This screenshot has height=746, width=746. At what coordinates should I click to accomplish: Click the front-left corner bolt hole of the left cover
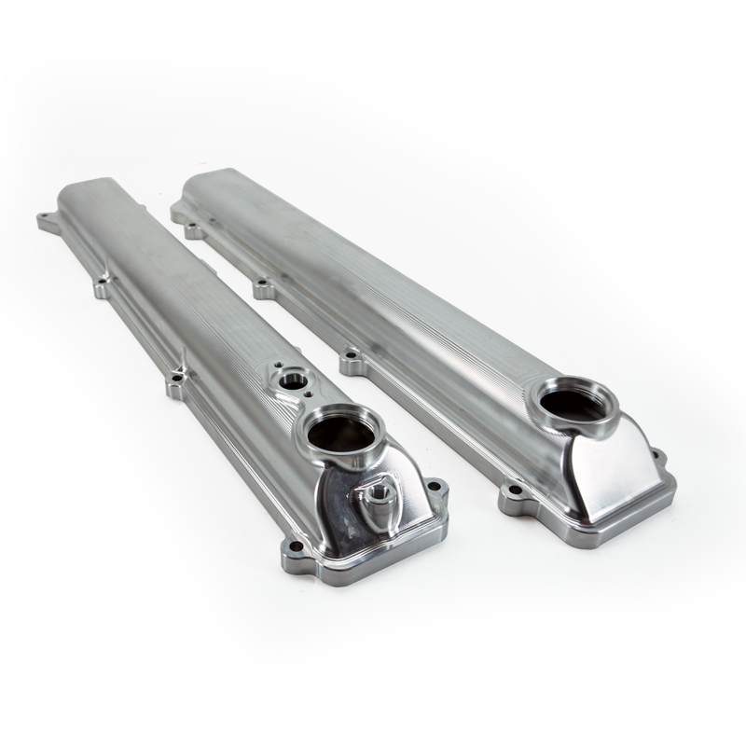[x=296, y=546]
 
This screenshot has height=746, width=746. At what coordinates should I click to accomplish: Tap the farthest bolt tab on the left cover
[x=44, y=221]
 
